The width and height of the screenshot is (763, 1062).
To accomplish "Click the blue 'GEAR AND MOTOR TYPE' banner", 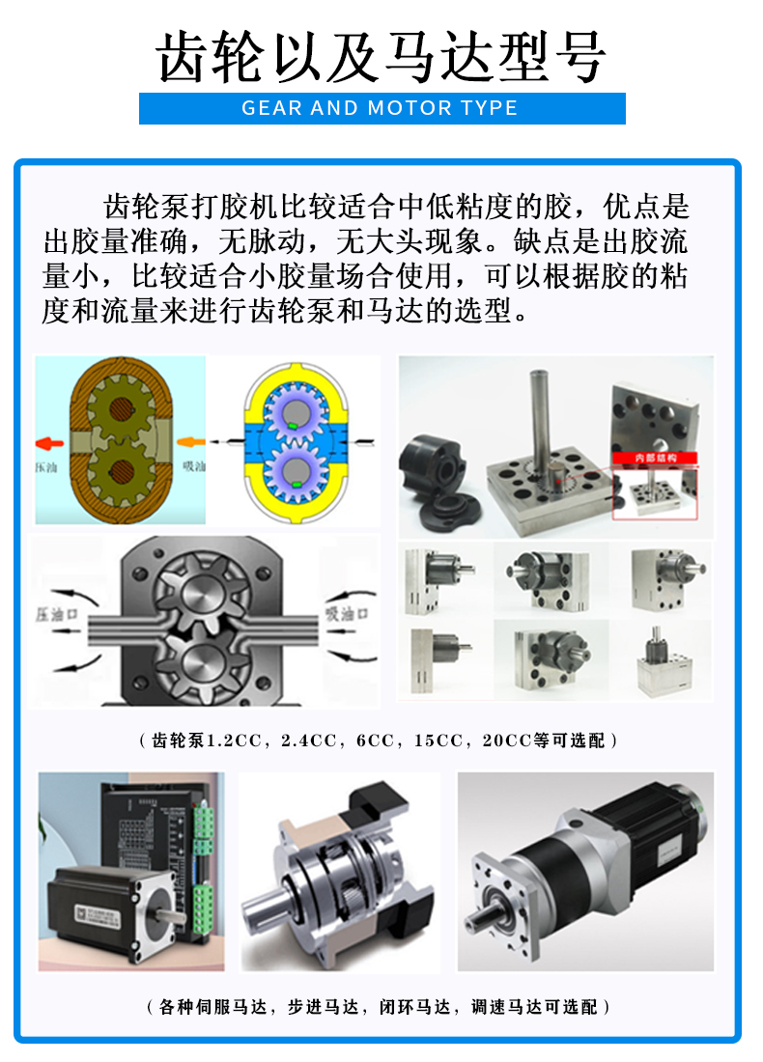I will (381, 108).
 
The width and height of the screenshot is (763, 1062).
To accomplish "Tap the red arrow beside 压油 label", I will (50, 443).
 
